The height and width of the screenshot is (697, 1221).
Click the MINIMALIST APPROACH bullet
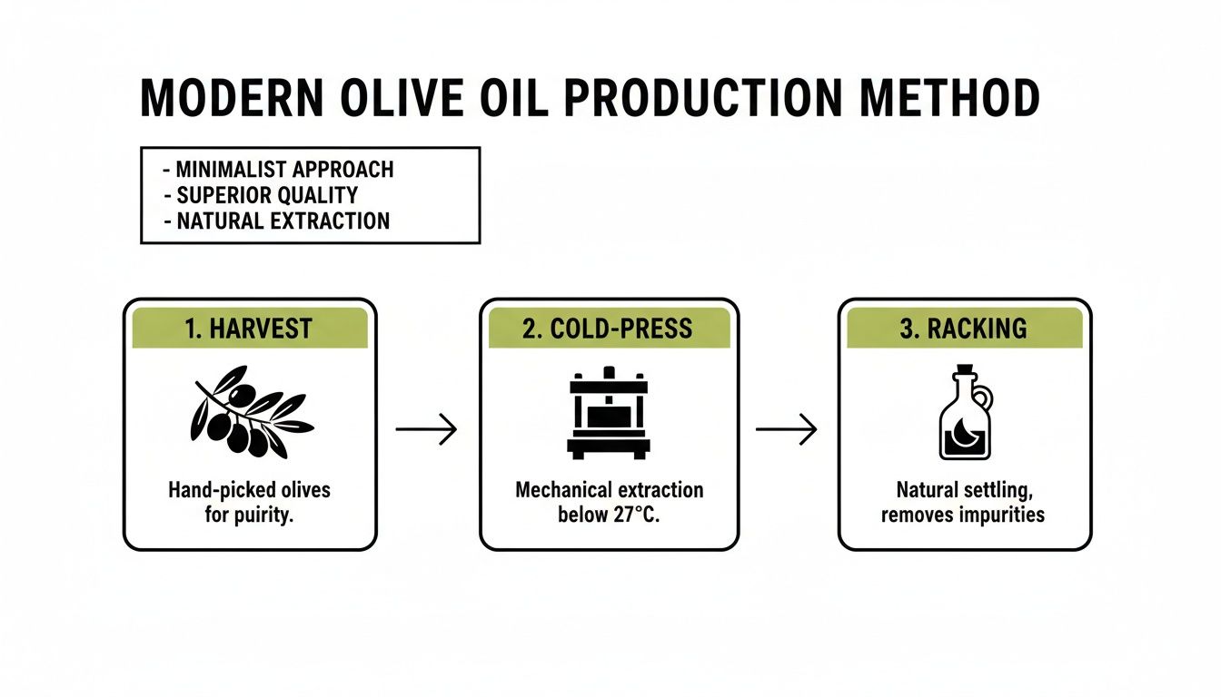coord(279,170)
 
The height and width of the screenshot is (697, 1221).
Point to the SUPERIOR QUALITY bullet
coord(261,195)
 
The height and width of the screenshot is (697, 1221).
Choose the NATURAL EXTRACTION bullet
coord(276,221)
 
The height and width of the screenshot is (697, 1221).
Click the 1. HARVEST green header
coord(249,329)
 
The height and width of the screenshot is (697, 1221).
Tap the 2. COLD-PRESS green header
coord(609,329)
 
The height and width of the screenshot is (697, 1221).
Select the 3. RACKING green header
coord(964,329)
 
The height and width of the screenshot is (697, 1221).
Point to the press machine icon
coord(609,413)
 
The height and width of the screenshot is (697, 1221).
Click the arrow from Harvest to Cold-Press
coord(426,428)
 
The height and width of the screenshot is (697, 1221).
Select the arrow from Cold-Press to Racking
coord(786,428)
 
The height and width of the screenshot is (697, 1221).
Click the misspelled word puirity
coord(267,515)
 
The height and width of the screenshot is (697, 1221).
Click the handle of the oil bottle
coord(985,398)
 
